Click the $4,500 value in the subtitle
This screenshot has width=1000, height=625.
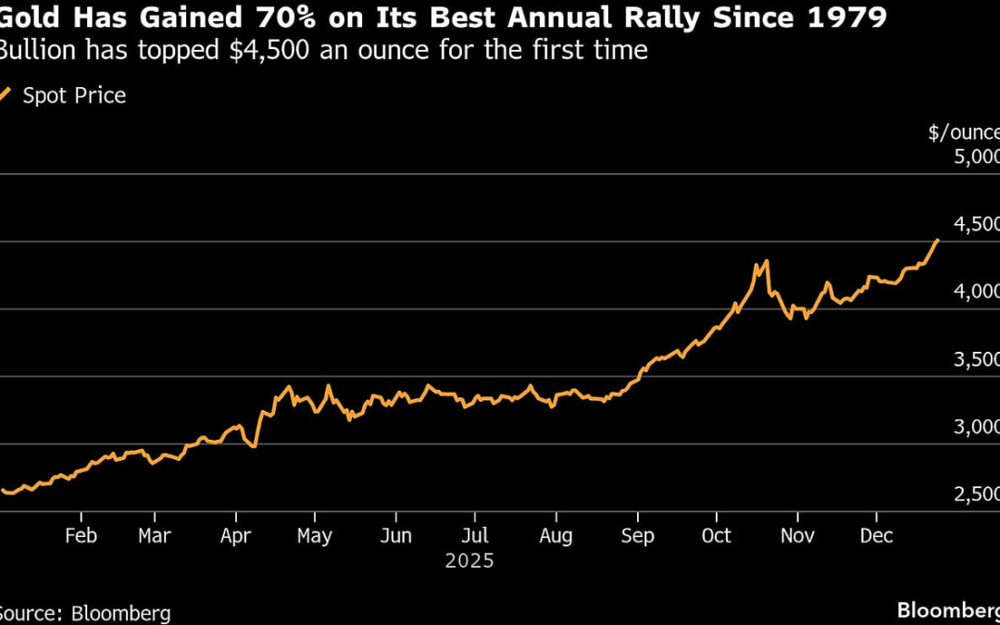[262, 51]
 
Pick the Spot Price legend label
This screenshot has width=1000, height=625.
[74, 95]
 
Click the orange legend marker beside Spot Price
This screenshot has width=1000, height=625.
[6, 94]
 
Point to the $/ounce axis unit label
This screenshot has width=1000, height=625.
[964, 132]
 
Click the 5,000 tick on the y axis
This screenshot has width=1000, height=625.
[976, 156]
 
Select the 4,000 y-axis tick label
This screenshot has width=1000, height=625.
[976, 292]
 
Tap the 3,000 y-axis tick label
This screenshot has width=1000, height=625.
[976, 427]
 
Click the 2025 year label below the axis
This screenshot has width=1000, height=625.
[469, 561]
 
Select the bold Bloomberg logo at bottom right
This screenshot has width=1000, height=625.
[947, 610]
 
